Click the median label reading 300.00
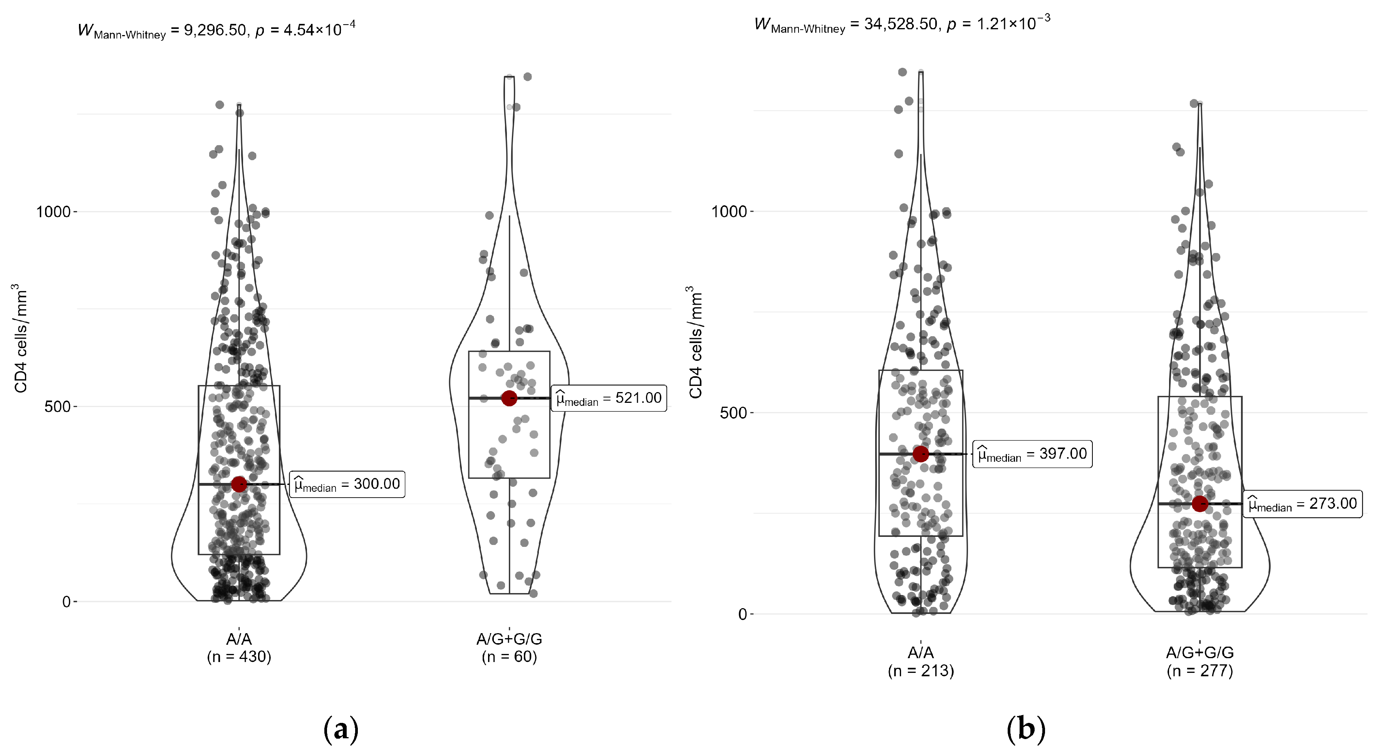[347, 484]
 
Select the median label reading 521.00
[609, 398]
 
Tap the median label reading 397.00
[1032, 454]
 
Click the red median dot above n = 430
[239, 484]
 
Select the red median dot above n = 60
[509, 398]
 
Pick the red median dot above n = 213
[921, 454]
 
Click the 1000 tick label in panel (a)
[53, 212]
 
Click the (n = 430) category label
[239, 657]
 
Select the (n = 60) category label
[509, 657]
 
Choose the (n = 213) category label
[921, 671]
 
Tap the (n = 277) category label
[1200, 671]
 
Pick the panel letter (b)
[1026, 730]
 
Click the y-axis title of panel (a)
[20, 339]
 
